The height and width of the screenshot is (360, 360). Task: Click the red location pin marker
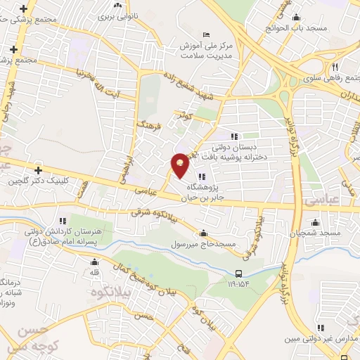[x=181, y=165]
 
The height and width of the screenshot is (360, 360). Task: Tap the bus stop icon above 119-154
[x=239, y=274]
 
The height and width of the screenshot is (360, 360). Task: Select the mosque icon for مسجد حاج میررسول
[x=204, y=234]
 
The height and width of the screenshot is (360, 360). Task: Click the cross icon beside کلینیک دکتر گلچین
[x=38, y=170]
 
